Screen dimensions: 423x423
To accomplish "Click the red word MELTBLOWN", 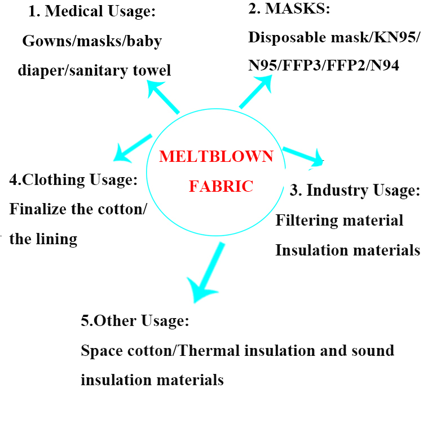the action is point(216,156).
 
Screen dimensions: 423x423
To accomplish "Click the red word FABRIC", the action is point(221,186).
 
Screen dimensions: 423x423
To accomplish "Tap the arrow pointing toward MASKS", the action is point(257,91).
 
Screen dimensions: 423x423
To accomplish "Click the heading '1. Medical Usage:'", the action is point(92,11).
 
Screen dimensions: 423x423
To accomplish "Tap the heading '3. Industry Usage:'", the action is point(355,190).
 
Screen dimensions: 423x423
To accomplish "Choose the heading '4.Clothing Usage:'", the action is point(74,180).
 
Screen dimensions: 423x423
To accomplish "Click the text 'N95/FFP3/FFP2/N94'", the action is point(324,65).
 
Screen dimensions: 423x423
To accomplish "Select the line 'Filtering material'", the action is point(339,220).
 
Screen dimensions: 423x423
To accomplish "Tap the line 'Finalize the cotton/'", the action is point(78,209).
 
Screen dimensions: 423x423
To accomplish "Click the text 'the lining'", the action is point(43,239).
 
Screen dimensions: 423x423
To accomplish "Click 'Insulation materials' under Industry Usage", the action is point(347,249).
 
